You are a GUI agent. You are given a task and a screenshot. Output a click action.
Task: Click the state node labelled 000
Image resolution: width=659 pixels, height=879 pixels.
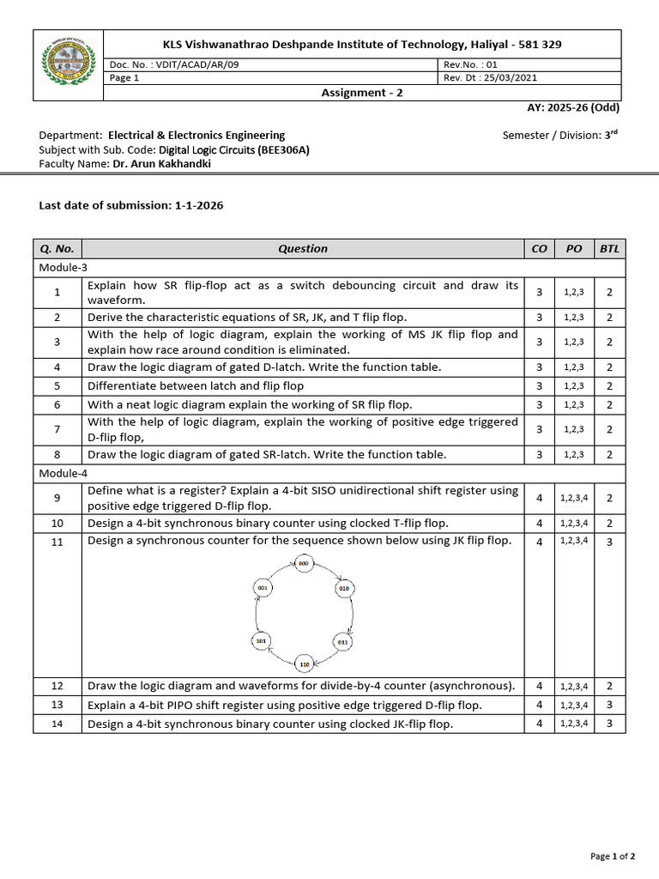click(304, 564)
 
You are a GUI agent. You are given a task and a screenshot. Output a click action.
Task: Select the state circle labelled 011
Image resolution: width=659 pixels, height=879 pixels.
click(342, 640)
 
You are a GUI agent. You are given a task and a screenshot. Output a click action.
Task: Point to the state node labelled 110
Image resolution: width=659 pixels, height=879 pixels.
click(304, 664)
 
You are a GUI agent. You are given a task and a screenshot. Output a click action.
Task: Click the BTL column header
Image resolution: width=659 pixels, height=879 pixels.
click(609, 249)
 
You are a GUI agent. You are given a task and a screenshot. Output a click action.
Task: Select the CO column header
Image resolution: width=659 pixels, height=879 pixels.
click(539, 249)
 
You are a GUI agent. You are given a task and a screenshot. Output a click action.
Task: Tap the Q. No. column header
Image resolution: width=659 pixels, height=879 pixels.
click(57, 249)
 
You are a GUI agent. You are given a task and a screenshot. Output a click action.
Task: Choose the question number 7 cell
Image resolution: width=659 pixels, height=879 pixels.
click(57, 428)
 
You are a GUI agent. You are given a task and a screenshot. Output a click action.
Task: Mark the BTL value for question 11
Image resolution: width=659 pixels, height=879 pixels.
click(609, 541)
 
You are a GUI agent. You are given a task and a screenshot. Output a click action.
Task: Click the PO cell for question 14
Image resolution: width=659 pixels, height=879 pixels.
click(574, 724)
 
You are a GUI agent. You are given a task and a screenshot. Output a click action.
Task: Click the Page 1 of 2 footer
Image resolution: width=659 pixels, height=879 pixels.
click(614, 856)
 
